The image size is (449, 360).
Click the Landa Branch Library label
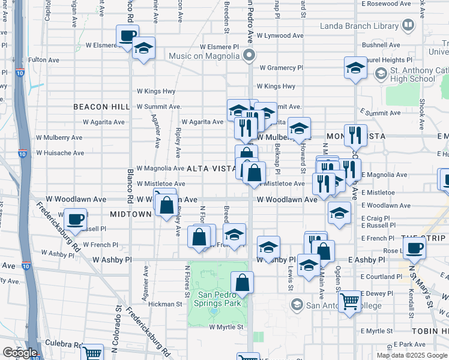click(x=359, y=26)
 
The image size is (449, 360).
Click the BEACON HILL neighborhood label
click(x=101, y=106)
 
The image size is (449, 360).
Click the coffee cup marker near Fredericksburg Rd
click(x=76, y=220)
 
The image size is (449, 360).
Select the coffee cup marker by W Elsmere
click(x=127, y=36)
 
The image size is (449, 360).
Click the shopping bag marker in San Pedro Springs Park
click(x=242, y=283)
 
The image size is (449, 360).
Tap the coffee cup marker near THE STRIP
click(x=414, y=247)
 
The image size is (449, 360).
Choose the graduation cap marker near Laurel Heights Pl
click(x=355, y=68)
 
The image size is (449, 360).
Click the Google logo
click(x=20, y=352)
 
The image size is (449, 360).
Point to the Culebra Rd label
click(x=60, y=346)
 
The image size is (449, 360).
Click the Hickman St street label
click(x=166, y=304)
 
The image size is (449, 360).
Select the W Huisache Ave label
click(x=59, y=152)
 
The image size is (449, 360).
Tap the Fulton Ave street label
click(x=44, y=60)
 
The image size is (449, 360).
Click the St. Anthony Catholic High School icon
click(x=379, y=74)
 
